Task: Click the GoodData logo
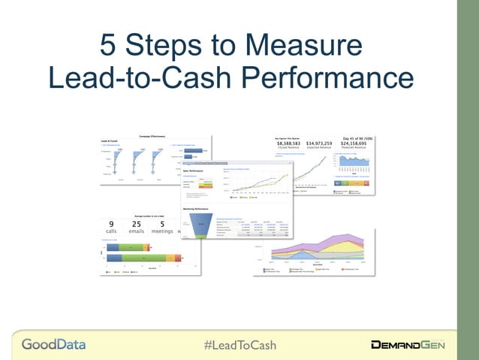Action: click(53, 345)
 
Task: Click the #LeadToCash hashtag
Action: click(240, 345)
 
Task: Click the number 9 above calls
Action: click(111, 224)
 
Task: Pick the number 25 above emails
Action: click(136, 224)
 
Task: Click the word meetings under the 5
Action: click(162, 231)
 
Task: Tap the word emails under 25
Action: click(136, 231)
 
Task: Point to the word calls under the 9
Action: click(111, 231)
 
